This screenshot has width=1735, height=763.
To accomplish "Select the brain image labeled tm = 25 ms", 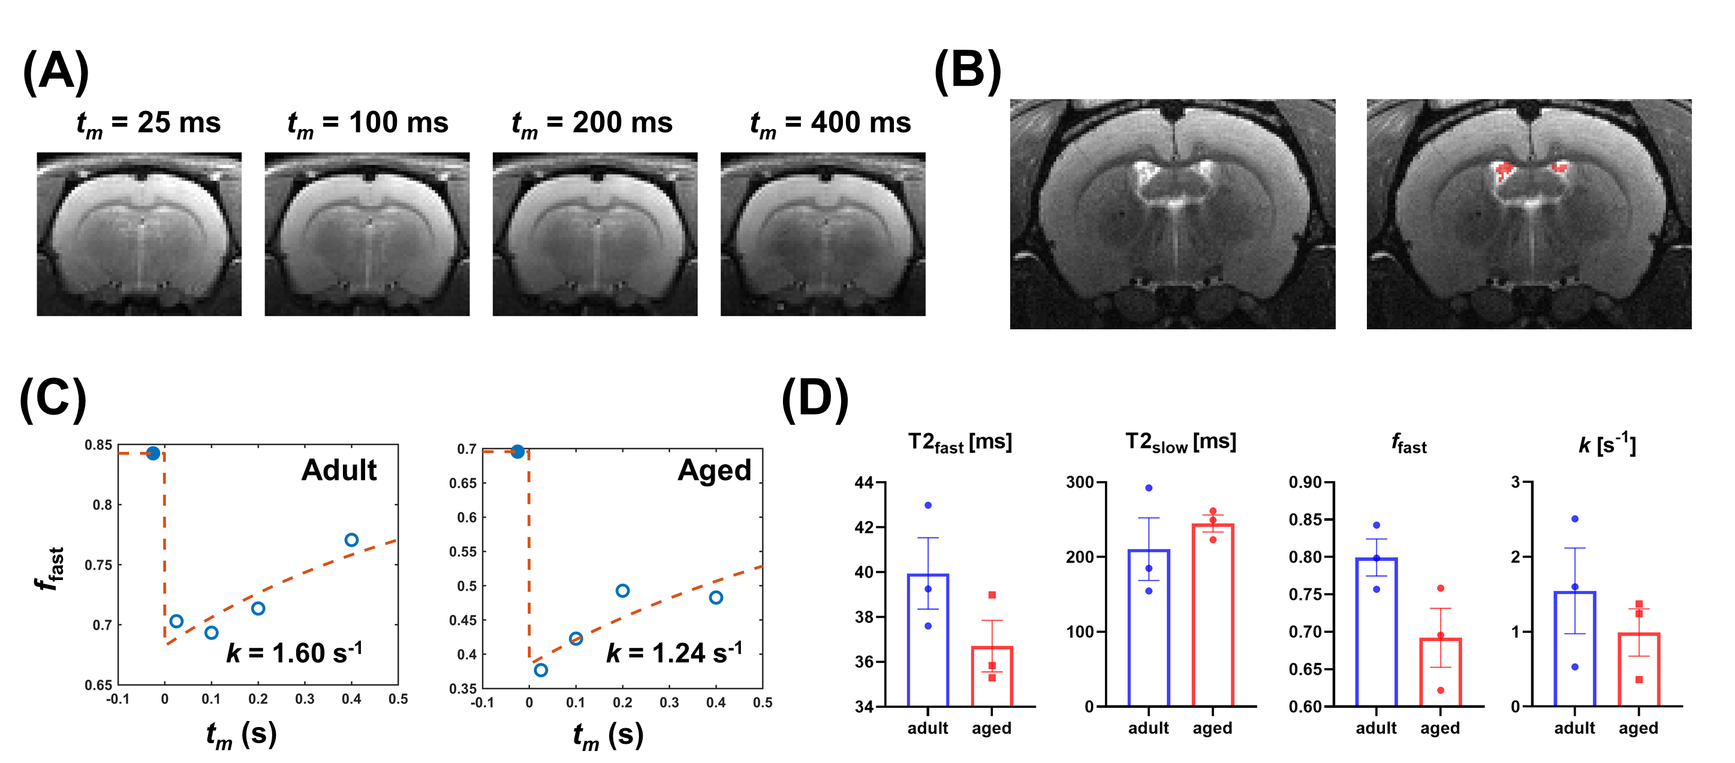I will pyautogui.click(x=138, y=234).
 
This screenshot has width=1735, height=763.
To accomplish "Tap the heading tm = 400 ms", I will pyautogui.click(x=830, y=124).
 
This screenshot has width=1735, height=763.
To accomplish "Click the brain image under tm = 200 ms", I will pyautogui.click(x=595, y=234).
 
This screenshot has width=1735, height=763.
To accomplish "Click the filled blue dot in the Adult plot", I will pyautogui.click(x=153, y=453).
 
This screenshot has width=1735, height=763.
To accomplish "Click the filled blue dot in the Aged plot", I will pyautogui.click(x=517, y=452).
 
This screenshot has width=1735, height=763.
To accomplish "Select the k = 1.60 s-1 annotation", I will pyautogui.click(x=294, y=653).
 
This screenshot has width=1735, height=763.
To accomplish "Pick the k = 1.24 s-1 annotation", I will pyautogui.click(x=673, y=653).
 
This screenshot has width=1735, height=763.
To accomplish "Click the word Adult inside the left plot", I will pyautogui.click(x=339, y=470).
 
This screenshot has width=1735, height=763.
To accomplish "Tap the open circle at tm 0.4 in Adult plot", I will pyautogui.click(x=351, y=540).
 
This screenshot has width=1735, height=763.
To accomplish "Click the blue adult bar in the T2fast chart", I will pyautogui.click(x=927, y=640).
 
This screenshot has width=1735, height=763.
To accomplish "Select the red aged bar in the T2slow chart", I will pyautogui.click(x=1212, y=615).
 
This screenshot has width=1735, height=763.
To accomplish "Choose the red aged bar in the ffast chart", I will pyautogui.click(x=1440, y=672).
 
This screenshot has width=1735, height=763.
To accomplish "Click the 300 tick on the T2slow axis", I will pyautogui.click(x=1080, y=483).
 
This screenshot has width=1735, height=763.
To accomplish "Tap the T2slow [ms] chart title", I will pyautogui.click(x=1180, y=443).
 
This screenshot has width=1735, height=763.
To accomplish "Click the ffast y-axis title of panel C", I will pyautogui.click(x=51, y=568).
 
